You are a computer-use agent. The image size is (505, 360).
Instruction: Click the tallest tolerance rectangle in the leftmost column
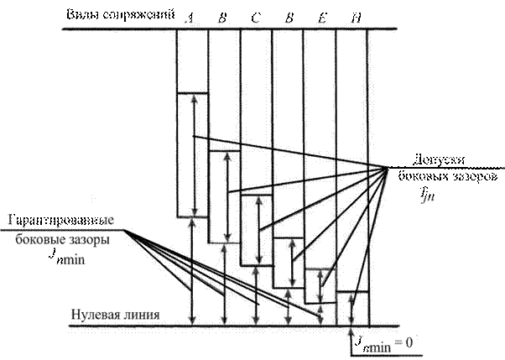coord(193,154)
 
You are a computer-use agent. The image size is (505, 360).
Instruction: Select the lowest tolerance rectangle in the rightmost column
coord(351,308)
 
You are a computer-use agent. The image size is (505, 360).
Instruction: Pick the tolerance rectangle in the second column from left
coord(225,197)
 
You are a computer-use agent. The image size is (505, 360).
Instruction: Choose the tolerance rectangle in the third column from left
coord(257,227)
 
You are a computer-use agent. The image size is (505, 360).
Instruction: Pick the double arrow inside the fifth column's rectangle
coord(320,285)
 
